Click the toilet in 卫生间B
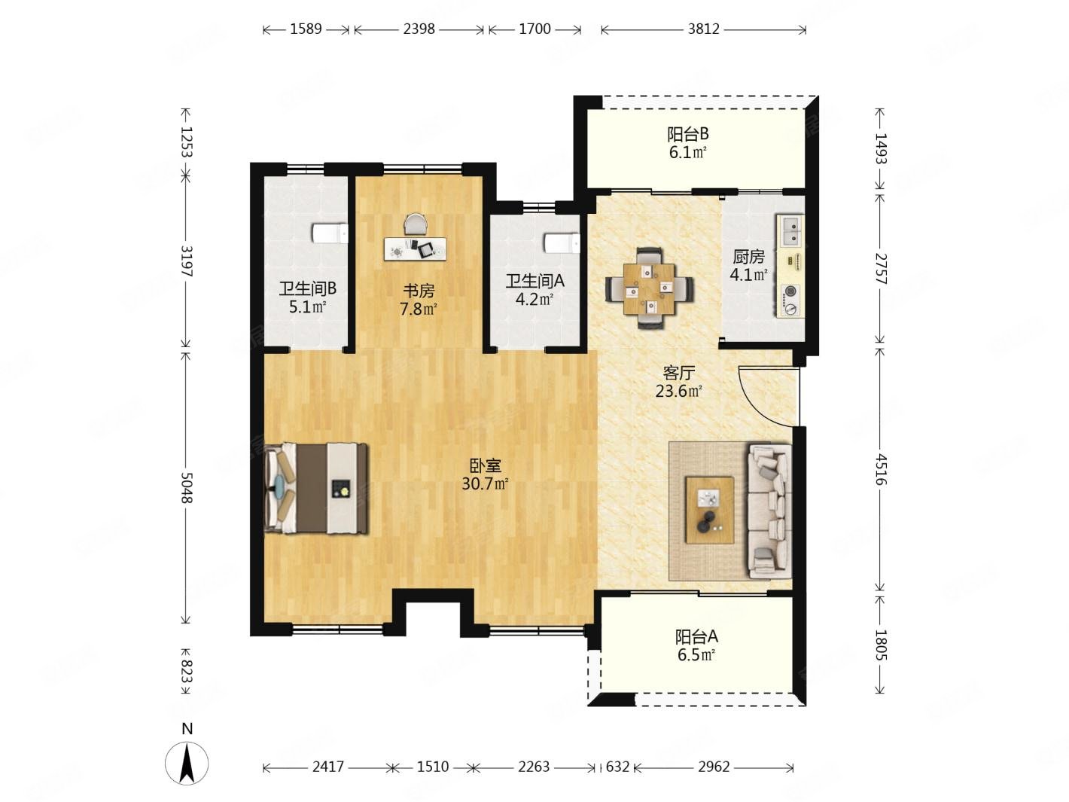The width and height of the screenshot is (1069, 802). coord(330,233)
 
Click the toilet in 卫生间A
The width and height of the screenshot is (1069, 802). coord(562,243)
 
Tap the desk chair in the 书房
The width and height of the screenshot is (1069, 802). coord(416,225)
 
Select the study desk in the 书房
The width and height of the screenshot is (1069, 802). coord(415,249)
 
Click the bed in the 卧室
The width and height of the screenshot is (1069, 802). coord(316,489)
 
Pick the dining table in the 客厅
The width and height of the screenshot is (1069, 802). coord(650,288)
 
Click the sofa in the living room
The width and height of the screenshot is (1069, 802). coord(769,511)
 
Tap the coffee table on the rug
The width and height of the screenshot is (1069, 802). coord(709,509)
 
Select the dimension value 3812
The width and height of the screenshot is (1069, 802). coord(703,29)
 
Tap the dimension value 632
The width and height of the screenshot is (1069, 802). coord(617,767)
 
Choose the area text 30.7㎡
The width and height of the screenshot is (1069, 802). coord(485,484)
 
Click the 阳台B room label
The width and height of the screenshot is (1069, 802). coord(687,133)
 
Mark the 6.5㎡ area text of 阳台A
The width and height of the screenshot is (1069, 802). coord(696,655)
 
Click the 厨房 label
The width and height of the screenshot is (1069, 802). coord(748,257)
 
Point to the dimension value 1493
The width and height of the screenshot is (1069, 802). coord(881,148)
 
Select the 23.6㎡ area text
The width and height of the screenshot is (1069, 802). coord(678,391)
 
